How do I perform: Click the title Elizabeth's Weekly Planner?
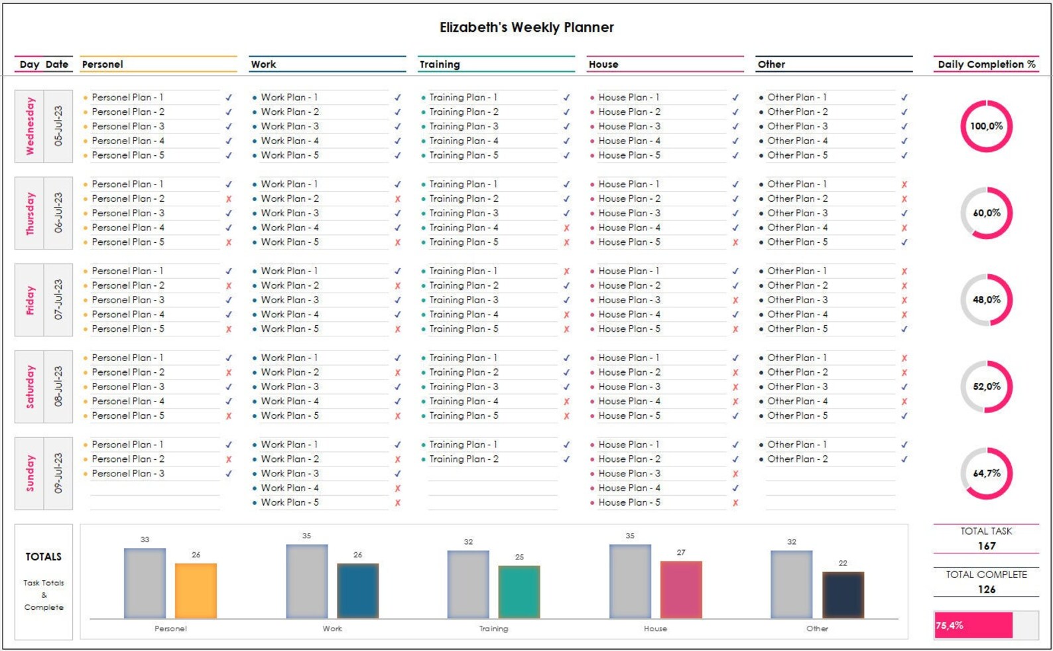pyautogui.click(x=526, y=27)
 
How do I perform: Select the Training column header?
pyautogui.click(x=440, y=64)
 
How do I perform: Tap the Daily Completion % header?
pyautogui.click(x=986, y=64)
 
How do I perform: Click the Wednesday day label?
pyautogui.click(x=30, y=126)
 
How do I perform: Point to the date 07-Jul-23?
pyautogui.click(x=58, y=300)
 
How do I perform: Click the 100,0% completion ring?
pyautogui.click(x=986, y=126)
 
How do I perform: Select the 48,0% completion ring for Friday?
pyautogui.click(x=986, y=300)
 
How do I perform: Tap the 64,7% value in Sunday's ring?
pyautogui.click(x=987, y=473)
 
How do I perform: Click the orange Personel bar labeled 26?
pyautogui.click(x=196, y=591)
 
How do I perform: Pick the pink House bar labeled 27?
pyautogui.click(x=681, y=589)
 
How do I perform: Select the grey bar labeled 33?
pyautogui.click(x=145, y=583)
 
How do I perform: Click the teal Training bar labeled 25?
pyautogui.click(x=519, y=592)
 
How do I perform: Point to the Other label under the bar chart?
pyautogui.click(x=817, y=628)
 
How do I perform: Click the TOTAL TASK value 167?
pyautogui.click(x=986, y=545)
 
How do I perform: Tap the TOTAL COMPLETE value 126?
pyautogui.click(x=986, y=589)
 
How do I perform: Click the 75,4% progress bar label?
pyautogui.click(x=950, y=625)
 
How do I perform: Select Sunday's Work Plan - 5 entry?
pyautogui.click(x=290, y=502)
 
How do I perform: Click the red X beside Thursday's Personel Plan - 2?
pyautogui.click(x=229, y=199)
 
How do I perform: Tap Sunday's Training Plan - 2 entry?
pyautogui.click(x=464, y=459)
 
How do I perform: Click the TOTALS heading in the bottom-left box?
pyautogui.click(x=44, y=557)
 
